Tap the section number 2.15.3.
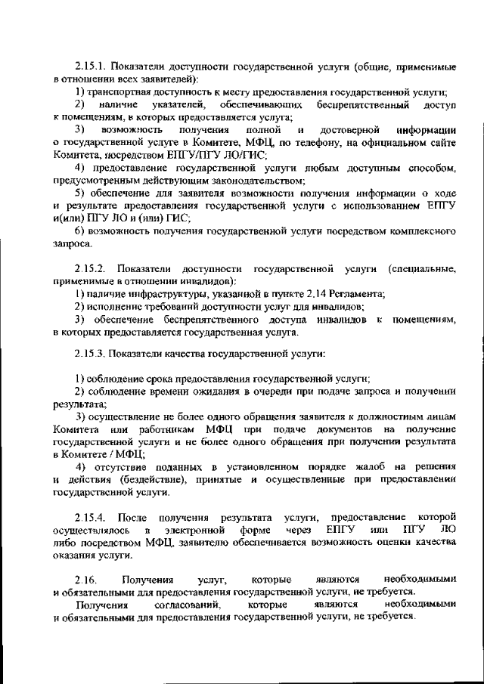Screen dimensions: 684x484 tap(90, 354)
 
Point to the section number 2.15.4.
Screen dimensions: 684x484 tap(90, 517)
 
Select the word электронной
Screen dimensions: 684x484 tap(199, 530)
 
